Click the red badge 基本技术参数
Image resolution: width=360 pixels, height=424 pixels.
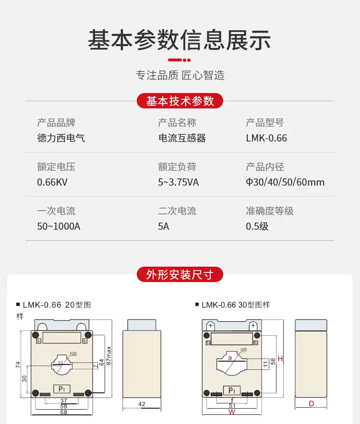tap(180, 101)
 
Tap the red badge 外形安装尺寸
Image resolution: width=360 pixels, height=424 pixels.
tap(180, 275)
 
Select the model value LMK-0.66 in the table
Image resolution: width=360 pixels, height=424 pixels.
tap(266, 138)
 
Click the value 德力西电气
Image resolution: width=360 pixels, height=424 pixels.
tap(61, 138)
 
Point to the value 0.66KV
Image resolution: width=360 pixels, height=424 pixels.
tap(53, 182)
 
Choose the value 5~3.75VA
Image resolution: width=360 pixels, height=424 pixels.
tap(178, 182)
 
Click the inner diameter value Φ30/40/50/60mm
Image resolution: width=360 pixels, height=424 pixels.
tap(285, 182)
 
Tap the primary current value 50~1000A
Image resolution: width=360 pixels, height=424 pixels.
tap(59, 226)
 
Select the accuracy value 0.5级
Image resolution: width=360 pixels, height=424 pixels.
tap(257, 226)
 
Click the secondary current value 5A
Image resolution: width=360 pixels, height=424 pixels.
tap(164, 226)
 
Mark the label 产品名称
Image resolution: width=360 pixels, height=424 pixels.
tap(177, 123)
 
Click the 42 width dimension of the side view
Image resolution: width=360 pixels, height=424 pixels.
tap(142, 404)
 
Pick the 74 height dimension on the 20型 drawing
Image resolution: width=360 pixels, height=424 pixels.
tap(18, 365)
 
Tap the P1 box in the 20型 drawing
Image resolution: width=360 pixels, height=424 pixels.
tap(61, 389)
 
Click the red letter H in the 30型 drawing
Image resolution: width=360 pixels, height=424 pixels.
tap(280, 359)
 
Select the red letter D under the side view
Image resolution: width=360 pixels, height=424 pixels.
tap(311, 404)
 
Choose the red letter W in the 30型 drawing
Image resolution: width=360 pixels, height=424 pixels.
tap(231, 412)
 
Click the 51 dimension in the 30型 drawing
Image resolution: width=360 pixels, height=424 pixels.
tap(232, 405)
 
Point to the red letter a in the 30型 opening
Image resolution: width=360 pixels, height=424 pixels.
tap(230, 357)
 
